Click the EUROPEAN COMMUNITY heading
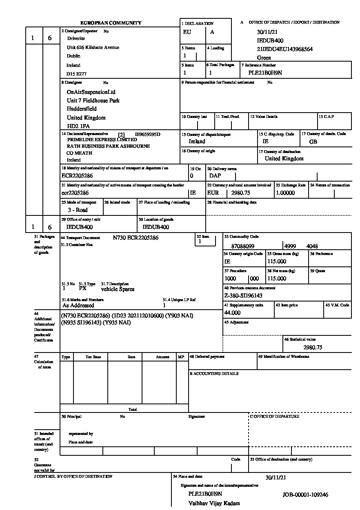point(111,23)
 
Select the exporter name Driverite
point(76,38)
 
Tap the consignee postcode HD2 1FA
point(78,126)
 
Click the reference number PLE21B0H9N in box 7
point(265,73)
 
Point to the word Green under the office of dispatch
point(264,58)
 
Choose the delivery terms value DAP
point(215,176)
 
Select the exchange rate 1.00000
point(285,193)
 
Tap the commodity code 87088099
point(243,246)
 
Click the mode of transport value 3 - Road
point(78,210)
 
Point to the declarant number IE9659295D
point(148,134)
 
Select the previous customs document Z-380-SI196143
point(243,296)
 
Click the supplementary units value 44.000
point(232,313)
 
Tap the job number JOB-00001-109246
point(305,495)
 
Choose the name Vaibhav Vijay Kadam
point(214,503)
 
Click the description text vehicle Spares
point(118,289)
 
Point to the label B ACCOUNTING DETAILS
point(214,374)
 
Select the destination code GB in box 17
point(313,142)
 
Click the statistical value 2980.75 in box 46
point(313,348)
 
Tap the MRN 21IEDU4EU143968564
point(285,49)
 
